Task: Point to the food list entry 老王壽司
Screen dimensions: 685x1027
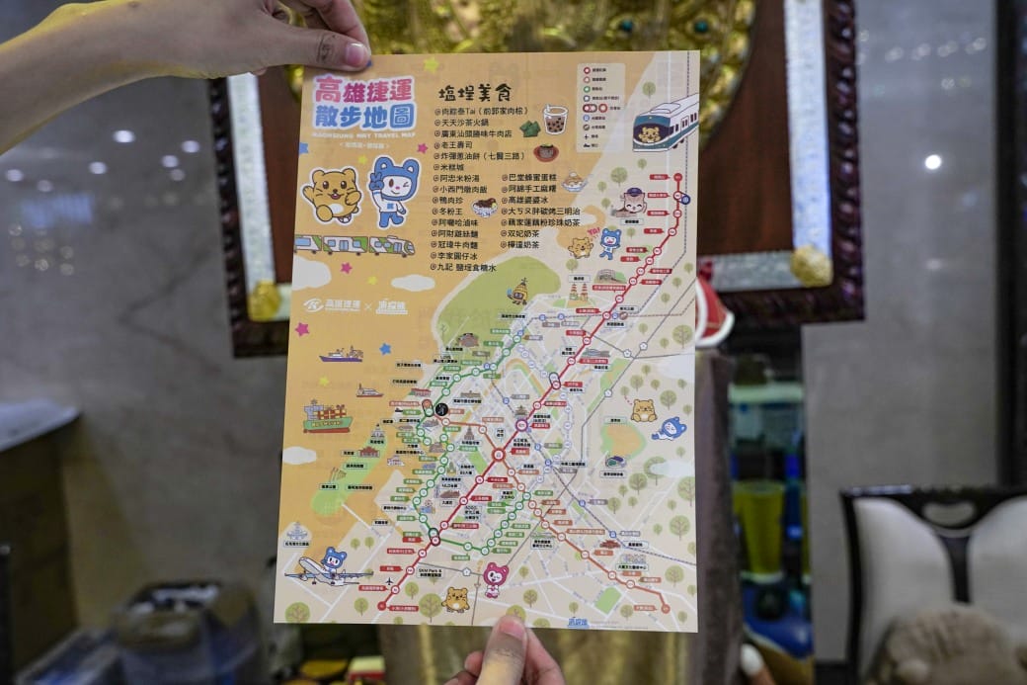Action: (x=460, y=144)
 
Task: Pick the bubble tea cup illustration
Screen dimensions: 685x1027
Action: (x=554, y=120)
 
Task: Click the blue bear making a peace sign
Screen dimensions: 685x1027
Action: (x=392, y=188)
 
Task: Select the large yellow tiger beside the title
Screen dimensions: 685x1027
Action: (x=333, y=194)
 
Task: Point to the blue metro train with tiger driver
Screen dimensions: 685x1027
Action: (x=665, y=123)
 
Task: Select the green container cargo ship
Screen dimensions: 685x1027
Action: (x=327, y=419)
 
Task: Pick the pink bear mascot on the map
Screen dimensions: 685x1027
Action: (x=495, y=577)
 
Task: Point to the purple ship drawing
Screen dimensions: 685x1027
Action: (x=342, y=354)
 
